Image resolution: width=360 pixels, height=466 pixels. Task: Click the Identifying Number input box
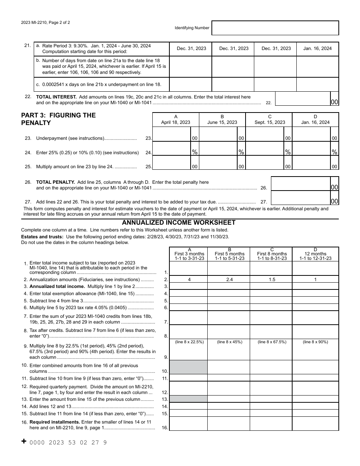coord(275,28)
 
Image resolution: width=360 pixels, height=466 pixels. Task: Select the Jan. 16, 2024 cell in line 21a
coord(317,48)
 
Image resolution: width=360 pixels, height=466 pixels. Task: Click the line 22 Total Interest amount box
coord(302,99)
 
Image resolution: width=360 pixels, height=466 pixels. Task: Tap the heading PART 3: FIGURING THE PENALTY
coord(58,119)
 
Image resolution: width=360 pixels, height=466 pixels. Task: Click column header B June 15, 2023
coord(222,120)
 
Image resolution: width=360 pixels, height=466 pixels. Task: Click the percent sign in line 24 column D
coord(334,152)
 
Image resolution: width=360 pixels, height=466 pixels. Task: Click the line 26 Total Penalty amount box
coord(300,184)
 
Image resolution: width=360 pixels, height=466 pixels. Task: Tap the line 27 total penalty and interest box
coord(300,198)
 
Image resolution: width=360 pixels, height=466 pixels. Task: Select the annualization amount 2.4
coord(229,280)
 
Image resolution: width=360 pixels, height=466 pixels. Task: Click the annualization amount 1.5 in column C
coord(271,280)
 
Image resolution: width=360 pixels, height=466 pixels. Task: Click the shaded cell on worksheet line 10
coord(188,367)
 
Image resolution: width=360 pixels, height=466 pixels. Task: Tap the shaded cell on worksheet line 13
coord(188,399)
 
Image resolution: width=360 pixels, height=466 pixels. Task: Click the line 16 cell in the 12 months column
coord(315,424)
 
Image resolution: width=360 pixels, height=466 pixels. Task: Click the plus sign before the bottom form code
coord(24,441)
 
